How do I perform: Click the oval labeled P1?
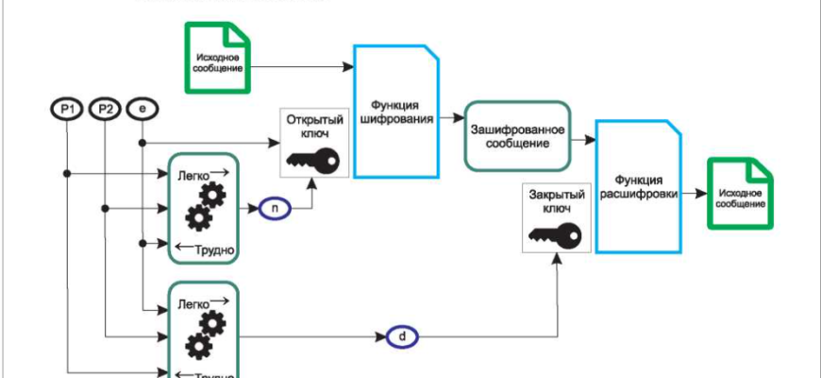coord(67,111)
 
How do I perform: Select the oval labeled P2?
coord(105,111)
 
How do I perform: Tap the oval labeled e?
coord(142,111)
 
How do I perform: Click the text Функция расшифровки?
coord(639,187)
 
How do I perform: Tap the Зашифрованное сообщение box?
coord(519,136)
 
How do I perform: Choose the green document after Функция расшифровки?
coord(741,194)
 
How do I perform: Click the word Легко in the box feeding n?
coord(193,175)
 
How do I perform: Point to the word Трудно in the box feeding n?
coord(213,250)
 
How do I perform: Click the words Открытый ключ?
coord(310,127)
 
